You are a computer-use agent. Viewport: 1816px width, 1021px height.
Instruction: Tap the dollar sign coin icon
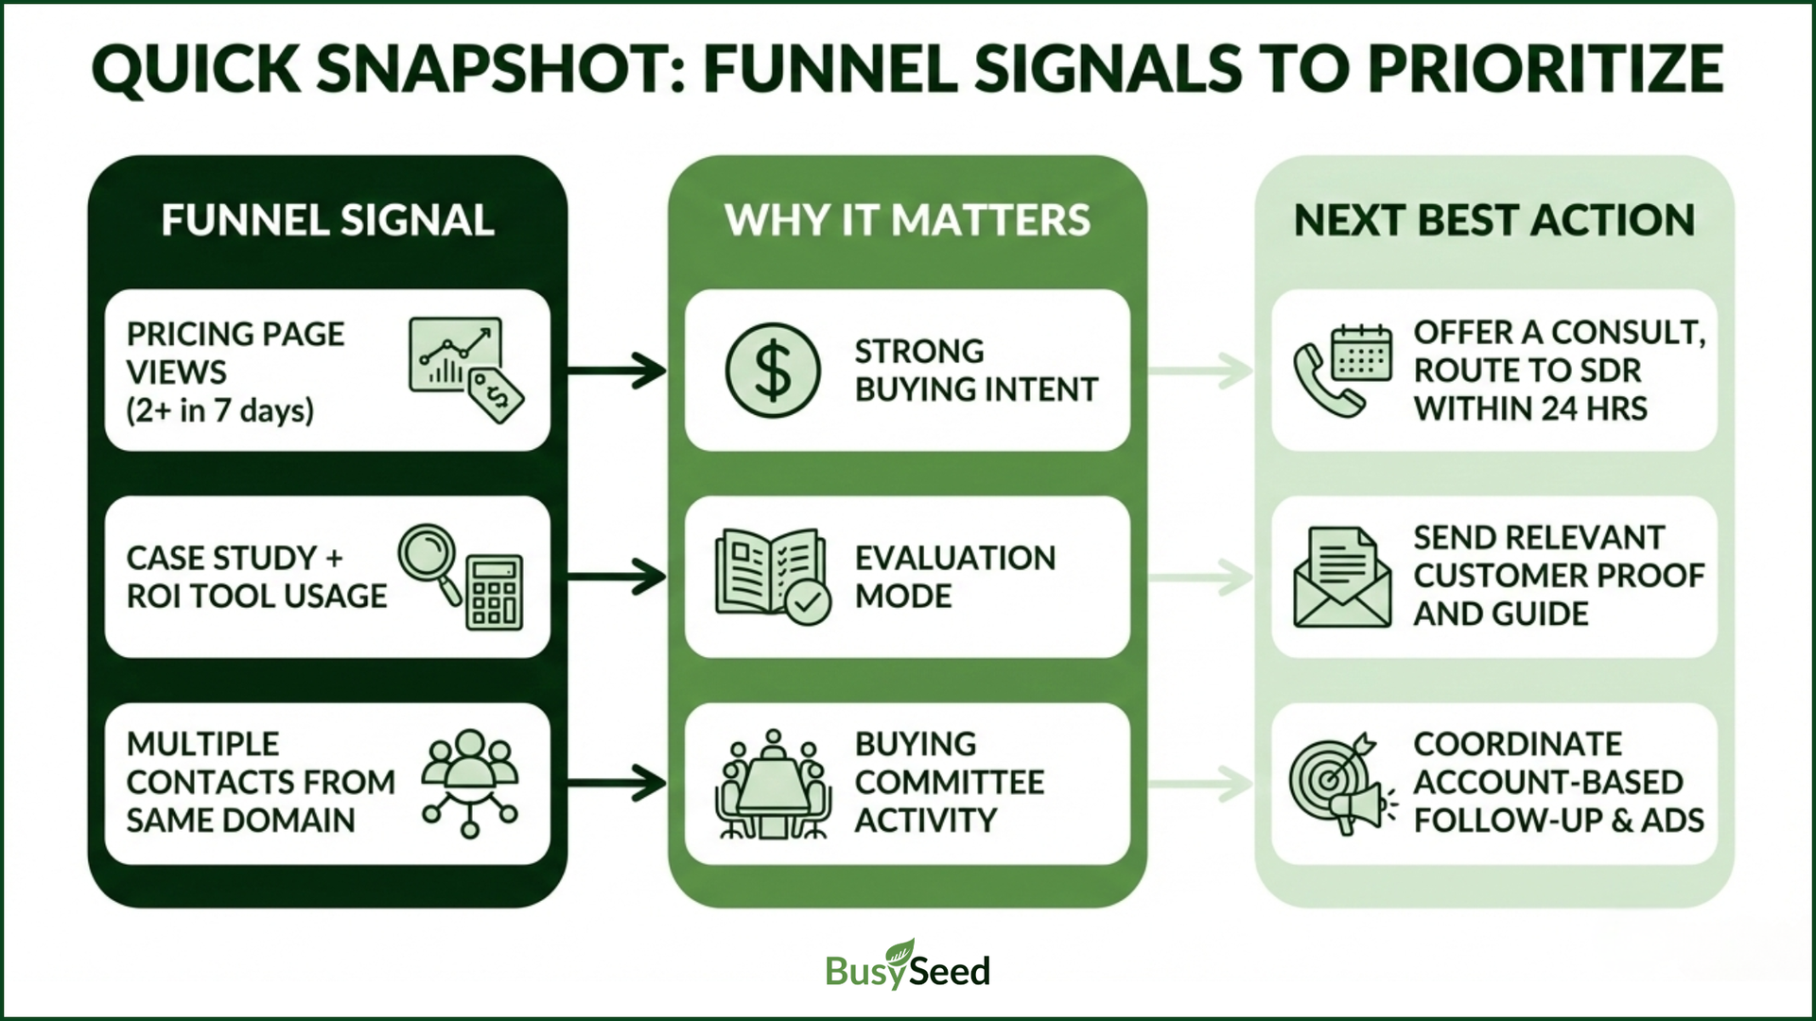click(773, 371)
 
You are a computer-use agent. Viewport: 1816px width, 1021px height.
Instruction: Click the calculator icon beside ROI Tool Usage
click(494, 593)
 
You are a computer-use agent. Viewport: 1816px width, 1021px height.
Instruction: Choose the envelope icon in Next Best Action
click(1342, 577)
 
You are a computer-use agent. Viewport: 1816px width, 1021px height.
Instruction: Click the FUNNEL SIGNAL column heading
click(327, 220)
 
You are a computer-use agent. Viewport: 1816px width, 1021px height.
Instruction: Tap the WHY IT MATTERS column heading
click(907, 220)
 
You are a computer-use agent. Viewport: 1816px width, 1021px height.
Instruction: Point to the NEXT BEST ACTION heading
click(1494, 220)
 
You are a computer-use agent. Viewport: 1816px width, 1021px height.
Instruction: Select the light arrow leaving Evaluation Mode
click(1201, 577)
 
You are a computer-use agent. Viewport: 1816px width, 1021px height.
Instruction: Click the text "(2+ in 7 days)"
click(219, 411)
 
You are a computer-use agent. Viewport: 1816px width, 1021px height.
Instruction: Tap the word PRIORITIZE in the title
click(1545, 69)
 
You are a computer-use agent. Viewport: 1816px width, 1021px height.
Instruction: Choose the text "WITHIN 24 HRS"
click(1530, 409)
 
